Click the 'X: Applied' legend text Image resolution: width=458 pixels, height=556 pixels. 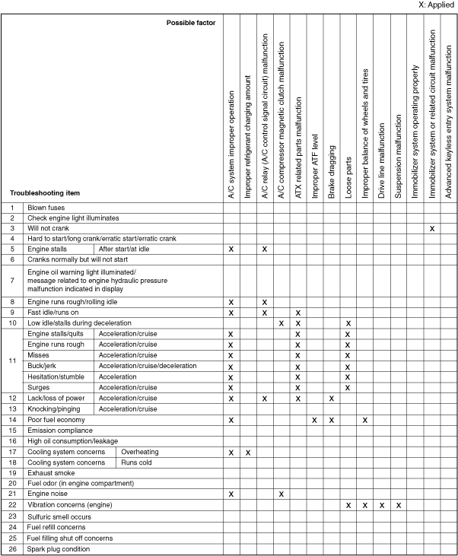point(436,5)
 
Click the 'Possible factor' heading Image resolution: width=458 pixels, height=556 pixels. point(191,23)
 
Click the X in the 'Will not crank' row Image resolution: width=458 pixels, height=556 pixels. point(432,228)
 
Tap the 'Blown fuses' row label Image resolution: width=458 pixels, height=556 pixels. point(46,207)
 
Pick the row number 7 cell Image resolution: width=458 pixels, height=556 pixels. point(12,281)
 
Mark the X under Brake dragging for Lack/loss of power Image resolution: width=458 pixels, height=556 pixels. point(331,398)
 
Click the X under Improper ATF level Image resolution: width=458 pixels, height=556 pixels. point(314,419)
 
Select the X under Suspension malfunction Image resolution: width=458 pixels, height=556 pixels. point(398,505)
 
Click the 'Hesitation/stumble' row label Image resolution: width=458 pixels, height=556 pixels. point(56,376)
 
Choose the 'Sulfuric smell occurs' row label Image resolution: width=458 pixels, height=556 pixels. point(59,516)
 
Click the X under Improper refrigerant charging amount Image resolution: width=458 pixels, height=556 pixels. point(247,452)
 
